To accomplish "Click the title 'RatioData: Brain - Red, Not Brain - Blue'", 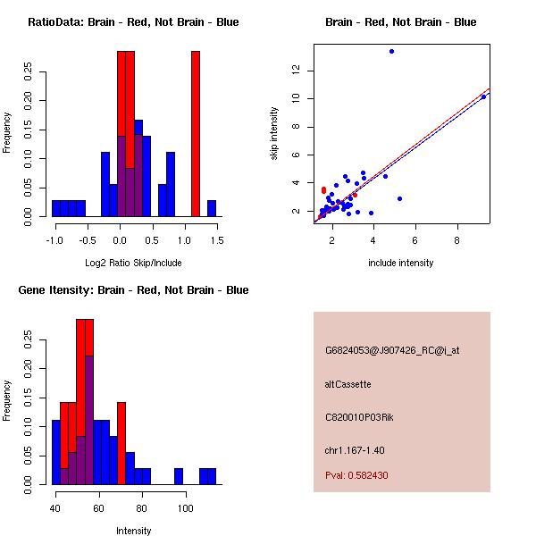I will [133, 22].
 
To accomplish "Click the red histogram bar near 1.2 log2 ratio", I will [195, 134].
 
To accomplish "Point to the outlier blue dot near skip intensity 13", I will [391, 51].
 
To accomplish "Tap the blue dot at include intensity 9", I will [483, 96].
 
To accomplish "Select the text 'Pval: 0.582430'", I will [356, 475].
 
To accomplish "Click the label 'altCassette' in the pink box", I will [348, 384].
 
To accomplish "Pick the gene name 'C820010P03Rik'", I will [355, 416].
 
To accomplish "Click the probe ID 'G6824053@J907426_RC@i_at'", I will [392, 351].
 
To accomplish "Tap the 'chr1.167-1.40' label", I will [355, 448].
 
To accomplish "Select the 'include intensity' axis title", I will [401, 263].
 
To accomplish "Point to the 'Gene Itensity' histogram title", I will [133, 290].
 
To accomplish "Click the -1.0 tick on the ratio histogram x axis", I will [56, 239].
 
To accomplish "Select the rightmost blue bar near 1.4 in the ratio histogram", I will [212, 208].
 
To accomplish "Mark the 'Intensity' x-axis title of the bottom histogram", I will [133, 531].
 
